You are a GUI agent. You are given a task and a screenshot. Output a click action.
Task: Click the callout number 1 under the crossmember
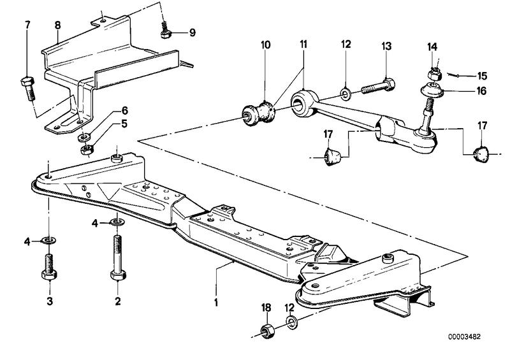(x=217, y=301)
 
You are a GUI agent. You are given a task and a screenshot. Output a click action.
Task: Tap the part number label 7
(x=27, y=25)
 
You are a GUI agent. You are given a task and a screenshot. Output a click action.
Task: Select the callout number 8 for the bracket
(x=57, y=25)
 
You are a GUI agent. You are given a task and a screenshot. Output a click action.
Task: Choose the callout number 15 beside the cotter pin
(x=482, y=76)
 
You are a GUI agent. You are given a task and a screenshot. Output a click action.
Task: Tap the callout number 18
(x=266, y=308)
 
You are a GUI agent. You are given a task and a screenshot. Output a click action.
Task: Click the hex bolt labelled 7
(x=29, y=87)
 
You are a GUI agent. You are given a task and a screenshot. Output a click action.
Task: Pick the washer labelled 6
(x=83, y=136)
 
